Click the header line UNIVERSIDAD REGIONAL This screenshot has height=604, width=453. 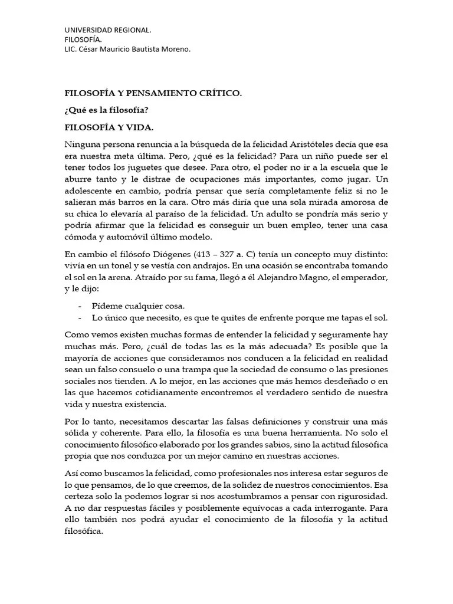click(107, 29)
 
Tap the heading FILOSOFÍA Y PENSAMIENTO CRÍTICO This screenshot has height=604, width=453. click(153, 93)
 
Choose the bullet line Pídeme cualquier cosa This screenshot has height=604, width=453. click(138, 306)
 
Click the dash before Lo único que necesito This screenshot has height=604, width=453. click(80, 317)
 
